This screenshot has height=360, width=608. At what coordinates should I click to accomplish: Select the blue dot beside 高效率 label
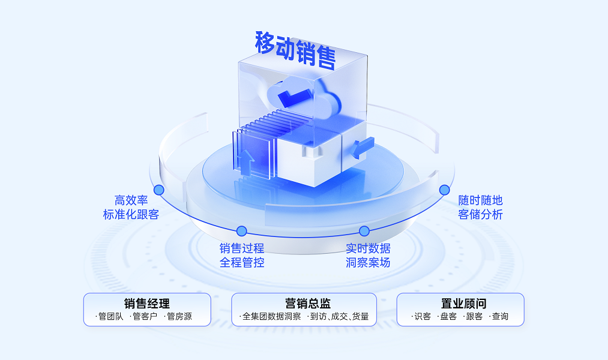[158, 190]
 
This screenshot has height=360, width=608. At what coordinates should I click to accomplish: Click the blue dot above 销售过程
[242, 231]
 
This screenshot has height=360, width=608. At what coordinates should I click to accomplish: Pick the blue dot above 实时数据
[364, 231]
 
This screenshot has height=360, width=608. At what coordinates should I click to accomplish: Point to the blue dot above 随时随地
[444, 190]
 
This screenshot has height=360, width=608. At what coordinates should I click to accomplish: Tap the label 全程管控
[242, 262]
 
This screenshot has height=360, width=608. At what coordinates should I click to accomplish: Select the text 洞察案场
[368, 262]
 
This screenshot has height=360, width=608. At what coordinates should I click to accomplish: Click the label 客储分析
[480, 214]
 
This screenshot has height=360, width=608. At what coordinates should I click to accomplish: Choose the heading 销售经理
[147, 304]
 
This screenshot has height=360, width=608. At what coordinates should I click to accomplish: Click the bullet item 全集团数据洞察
[271, 317]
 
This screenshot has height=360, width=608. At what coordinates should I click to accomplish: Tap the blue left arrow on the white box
[364, 146]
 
